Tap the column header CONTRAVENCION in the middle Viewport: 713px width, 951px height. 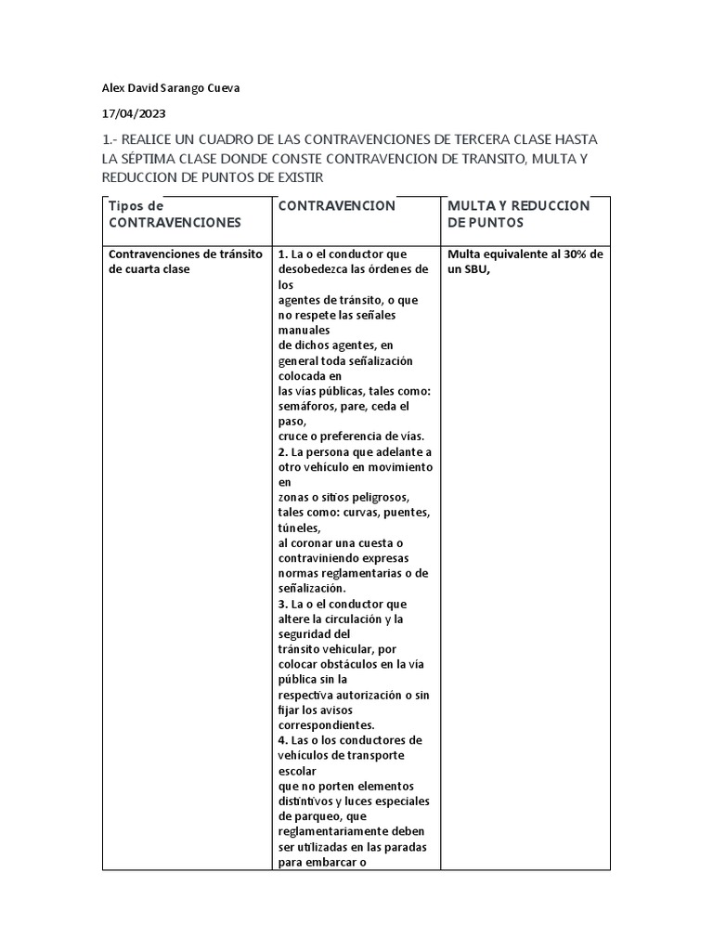click(x=336, y=205)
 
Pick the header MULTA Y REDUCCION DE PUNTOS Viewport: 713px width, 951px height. click(x=518, y=214)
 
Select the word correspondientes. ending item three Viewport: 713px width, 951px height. click(x=326, y=724)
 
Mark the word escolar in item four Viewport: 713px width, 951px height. click(x=297, y=770)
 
